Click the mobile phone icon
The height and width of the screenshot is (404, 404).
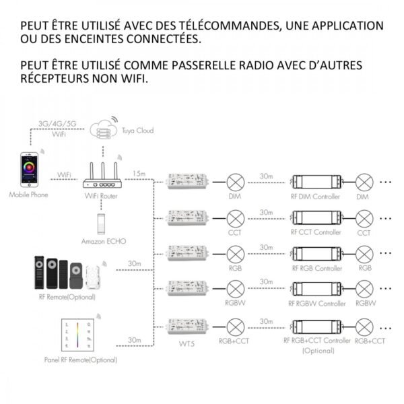click(30, 171)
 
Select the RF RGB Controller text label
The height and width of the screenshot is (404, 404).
click(316, 267)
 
